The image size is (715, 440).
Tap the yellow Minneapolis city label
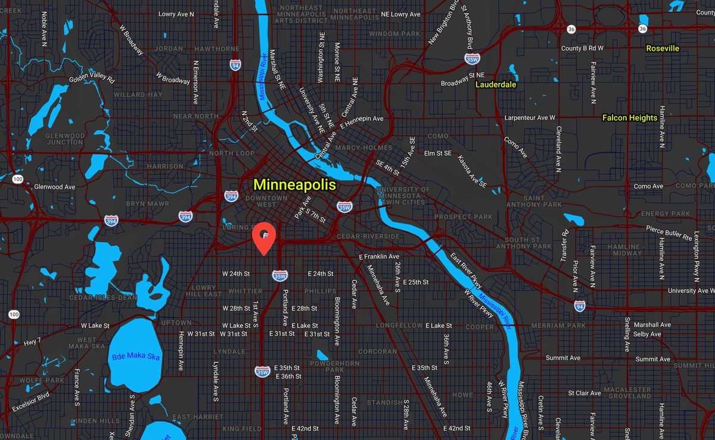tap(294, 185)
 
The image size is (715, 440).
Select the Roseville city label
tap(663, 48)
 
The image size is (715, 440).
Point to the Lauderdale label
tap(496, 85)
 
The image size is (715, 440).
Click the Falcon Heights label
tap(629, 118)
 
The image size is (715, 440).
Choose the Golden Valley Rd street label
tap(91, 78)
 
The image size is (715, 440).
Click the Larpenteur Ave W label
tap(530, 118)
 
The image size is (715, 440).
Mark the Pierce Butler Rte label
tap(669, 231)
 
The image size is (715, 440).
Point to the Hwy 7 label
tap(32, 341)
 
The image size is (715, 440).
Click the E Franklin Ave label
tap(379, 256)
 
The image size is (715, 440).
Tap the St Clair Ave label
tap(584, 393)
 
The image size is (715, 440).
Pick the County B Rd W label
tap(582, 48)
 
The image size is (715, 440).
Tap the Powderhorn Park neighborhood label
tap(334, 366)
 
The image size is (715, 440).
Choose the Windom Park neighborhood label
tap(394, 34)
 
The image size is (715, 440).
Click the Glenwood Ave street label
tap(55, 187)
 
